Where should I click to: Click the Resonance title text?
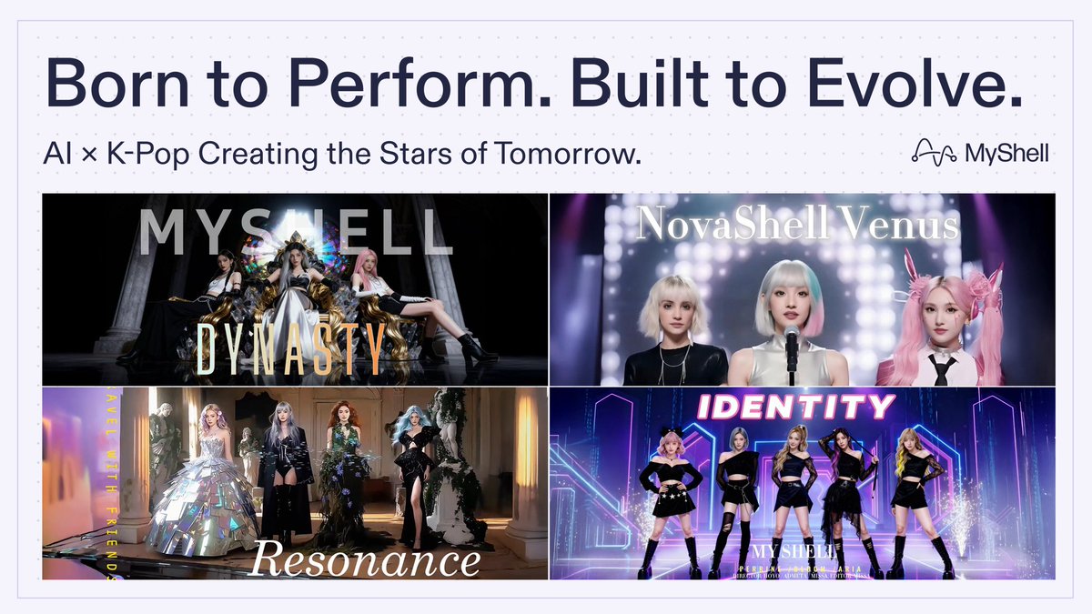pos(364,559)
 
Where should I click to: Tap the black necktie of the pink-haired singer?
pos(943,368)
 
